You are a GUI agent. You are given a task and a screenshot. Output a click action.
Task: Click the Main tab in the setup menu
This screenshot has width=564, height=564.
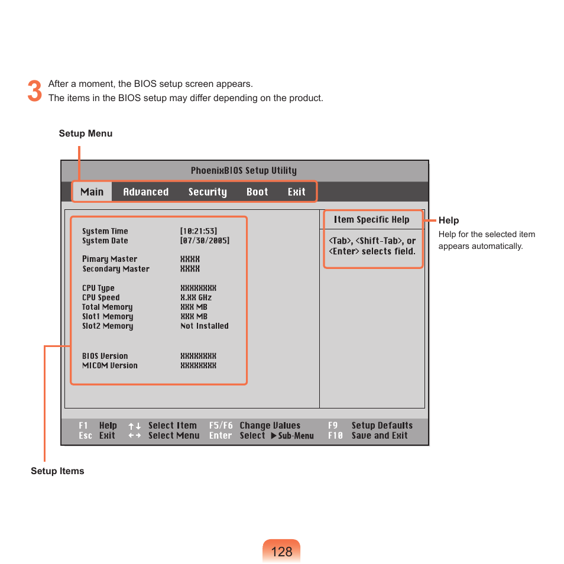click(x=92, y=192)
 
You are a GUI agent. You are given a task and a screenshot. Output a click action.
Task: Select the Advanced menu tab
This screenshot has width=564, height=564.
click(x=145, y=192)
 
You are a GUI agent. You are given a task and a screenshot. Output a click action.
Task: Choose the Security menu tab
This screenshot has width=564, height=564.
click(x=208, y=192)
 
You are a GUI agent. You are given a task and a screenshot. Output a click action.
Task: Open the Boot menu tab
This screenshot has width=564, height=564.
click(x=257, y=192)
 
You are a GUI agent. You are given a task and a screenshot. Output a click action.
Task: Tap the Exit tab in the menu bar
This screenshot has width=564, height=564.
click(x=297, y=192)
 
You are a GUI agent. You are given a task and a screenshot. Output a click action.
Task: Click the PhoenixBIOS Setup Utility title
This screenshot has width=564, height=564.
click(x=244, y=171)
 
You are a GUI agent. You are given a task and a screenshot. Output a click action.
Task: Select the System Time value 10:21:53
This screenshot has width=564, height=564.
click(x=199, y=231)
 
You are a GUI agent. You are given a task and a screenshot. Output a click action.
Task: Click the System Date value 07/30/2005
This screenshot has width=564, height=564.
click(x=205, y=241)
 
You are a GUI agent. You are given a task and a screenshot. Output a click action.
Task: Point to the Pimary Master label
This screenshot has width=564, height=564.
click(x=109, y=259)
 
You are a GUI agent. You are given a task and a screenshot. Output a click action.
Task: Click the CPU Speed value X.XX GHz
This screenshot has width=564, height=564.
click(x=196, y=297)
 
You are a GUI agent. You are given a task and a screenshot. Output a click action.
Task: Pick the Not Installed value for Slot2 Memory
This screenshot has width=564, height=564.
click(x=204, y=326)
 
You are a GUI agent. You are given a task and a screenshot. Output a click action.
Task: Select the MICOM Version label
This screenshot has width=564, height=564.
click(x=109, y=365)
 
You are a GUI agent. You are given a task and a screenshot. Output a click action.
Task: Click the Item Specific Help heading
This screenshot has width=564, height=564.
click(x=371, y=220)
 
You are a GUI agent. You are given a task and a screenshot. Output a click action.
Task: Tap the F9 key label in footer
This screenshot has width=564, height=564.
click(x=333, y=426)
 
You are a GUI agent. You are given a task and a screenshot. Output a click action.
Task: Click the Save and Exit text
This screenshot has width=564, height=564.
click(x=380, y=436)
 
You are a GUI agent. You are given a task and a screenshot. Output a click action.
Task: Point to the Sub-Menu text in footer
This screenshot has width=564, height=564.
click(x=296, y=436)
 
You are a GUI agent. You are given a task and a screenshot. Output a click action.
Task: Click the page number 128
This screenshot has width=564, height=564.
click(x=282, y=552)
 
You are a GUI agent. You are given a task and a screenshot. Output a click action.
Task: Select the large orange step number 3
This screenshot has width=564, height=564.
click(x=35, y=91)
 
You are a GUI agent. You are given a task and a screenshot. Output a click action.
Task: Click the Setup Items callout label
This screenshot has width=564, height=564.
click(x=57, y=471)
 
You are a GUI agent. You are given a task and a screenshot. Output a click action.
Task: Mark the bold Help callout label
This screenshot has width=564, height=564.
click(x=449, y=221)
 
